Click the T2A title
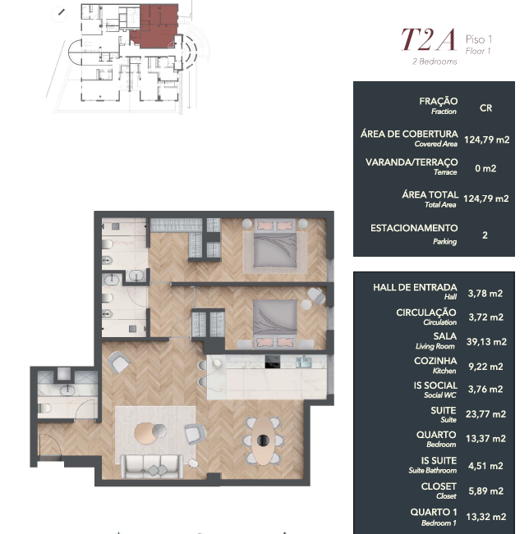pos(429,39)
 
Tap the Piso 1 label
pos(479,39)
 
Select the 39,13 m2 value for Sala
pos(486,341)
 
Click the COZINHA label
pos(435,361)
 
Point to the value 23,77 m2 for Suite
pos(485,414)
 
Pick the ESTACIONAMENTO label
pos(414,228)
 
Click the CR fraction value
pos(485,108)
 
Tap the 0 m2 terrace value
pos(485,168)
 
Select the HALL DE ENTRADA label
pos(415,287)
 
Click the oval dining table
pos(262,440)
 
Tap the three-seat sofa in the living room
pos(152,466)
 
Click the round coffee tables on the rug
pos(150,432)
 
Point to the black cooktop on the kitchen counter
pos(273,362)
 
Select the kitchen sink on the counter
pos(304,362)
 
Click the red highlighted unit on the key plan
pos(155,26)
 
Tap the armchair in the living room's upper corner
pos(118,363)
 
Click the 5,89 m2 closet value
pos(486,491)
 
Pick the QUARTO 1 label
pos(433,512)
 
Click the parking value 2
pos(485,235)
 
